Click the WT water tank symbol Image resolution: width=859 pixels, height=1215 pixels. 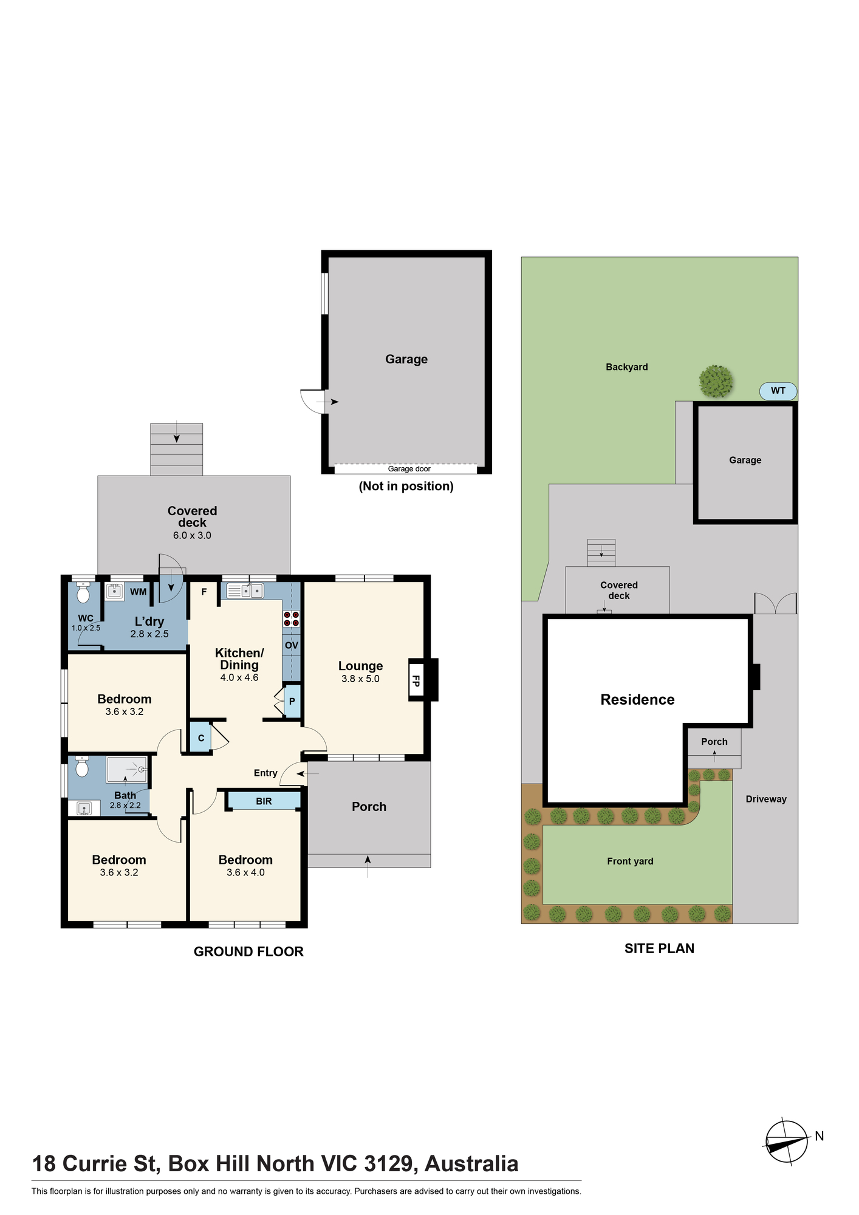pos(778,391)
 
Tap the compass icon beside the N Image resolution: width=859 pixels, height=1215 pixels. pos(786,1142)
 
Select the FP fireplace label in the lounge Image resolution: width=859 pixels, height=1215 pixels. pos(416,680)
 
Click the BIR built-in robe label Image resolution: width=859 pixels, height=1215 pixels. pos(264,801)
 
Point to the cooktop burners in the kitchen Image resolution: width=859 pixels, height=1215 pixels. pos(292,619)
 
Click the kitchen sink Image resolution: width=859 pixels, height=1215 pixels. pos(245,590)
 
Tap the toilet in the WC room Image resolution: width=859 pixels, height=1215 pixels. pos(83,593)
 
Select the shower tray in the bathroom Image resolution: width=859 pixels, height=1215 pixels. pos(127,770)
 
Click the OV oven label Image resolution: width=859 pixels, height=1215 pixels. pos(292,645)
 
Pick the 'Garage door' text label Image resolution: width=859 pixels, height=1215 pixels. pos(409,469)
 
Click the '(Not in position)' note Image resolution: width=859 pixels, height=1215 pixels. pos(406,486)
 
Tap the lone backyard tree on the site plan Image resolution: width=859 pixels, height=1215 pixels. pos(716,382)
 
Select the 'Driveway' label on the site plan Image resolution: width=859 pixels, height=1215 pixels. pos(766,799)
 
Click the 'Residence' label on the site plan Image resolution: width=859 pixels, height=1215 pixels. pos(637,700)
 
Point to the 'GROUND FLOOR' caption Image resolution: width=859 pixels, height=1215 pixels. pos(248,952)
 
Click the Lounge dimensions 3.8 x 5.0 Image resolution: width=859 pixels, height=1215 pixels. pos(360,679)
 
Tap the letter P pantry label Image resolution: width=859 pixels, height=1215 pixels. pos(292,701)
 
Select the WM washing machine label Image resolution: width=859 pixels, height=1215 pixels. pos(139,592)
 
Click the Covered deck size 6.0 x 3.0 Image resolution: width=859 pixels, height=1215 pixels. pos(192,535)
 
